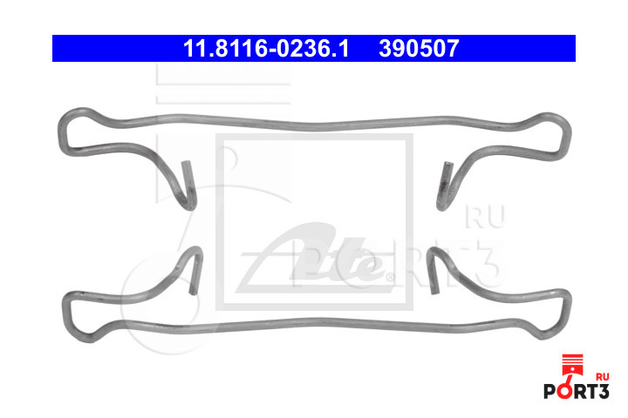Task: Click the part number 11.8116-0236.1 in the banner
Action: [x=266, y=49]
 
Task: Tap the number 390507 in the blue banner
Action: [x=419, y=49]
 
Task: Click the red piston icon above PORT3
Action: [x=572, y=364]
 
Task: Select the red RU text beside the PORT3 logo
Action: [x=603, y=377]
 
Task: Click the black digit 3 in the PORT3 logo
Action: [x=604, y=391]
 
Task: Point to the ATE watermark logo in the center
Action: [x=314, y=258]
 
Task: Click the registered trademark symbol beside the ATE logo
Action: [x=390, y=276]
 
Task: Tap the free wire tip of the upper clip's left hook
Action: [x=187, y=163]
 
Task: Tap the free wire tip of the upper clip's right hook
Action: [x=447, y=164]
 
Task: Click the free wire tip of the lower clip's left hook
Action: [x=194, y=293]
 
